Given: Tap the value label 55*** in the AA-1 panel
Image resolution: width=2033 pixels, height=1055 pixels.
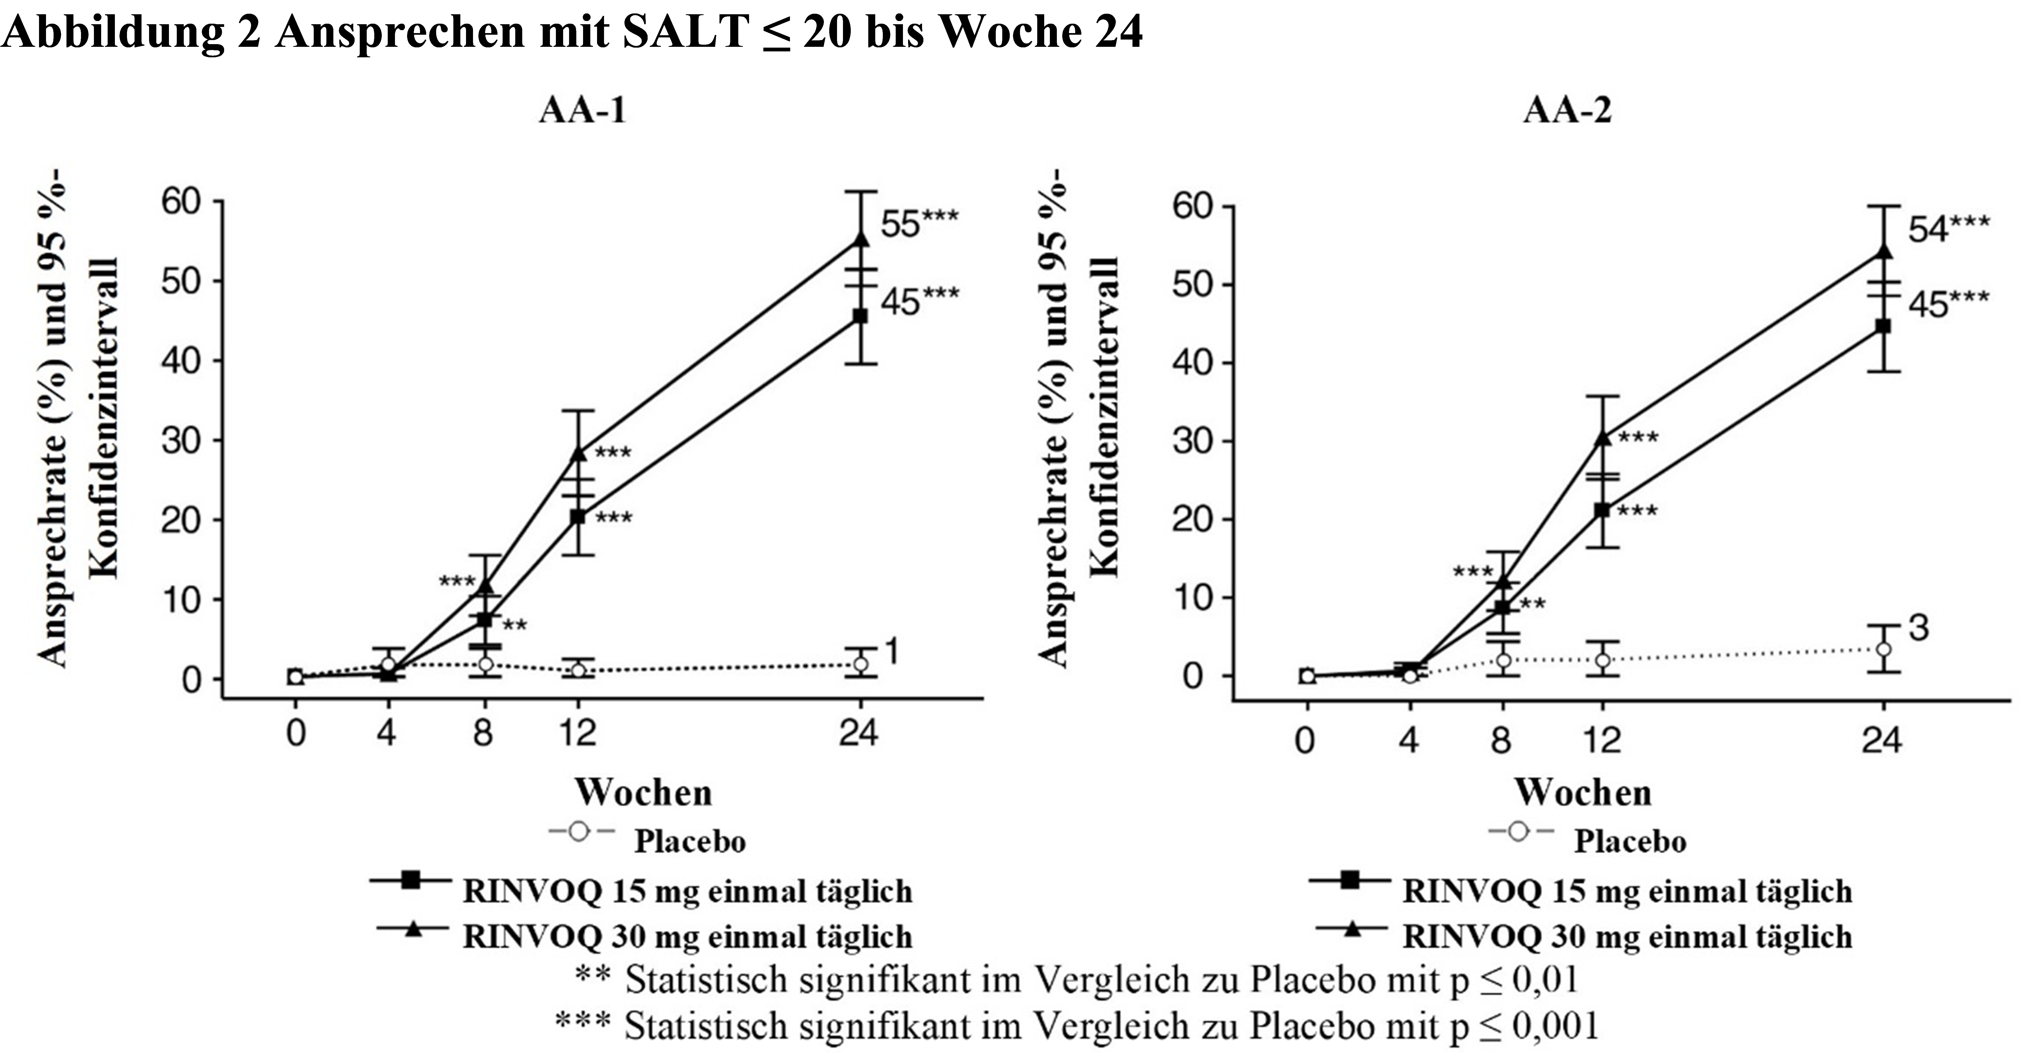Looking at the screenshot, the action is click(x=919, y=223).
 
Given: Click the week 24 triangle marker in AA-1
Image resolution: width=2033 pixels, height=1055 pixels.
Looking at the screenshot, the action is click(x=860, y=238).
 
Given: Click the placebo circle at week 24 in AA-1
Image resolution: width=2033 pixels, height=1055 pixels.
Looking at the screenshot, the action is click(x=860, y=664).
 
